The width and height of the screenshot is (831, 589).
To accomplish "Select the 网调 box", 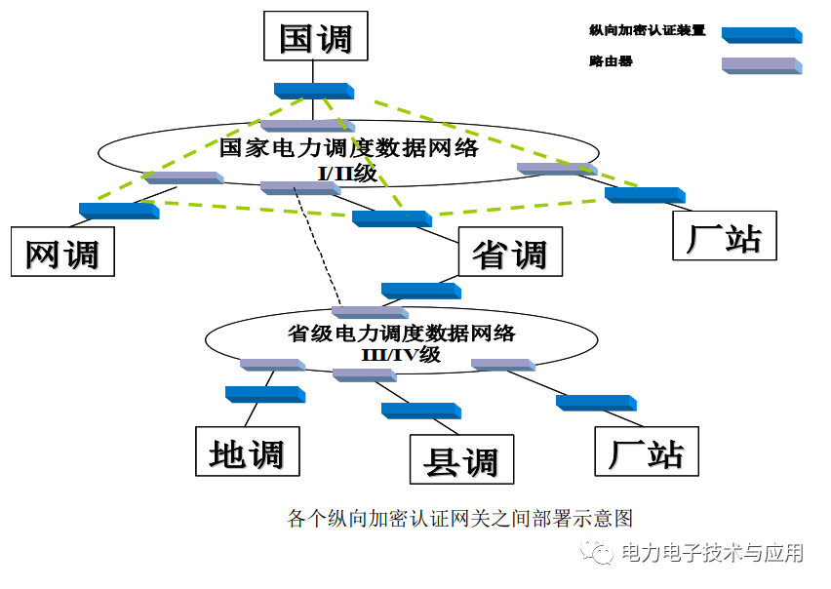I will click(62, 253).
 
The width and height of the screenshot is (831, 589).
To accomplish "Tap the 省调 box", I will click(509, 253).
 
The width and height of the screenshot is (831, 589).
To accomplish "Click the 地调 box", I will click(246, 452).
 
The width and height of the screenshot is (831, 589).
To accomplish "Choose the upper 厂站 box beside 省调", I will click(724, 236).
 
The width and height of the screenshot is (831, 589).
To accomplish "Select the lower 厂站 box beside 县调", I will click(647, 452).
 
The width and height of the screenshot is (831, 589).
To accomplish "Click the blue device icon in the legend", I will click(761, 35).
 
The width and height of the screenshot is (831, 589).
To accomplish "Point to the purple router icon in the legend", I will click(761, 65).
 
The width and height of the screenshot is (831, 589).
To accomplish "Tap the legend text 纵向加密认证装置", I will click(647, 30).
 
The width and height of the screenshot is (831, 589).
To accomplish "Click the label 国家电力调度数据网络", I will click(348, 148).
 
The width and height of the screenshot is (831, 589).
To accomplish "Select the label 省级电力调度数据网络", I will click(401, 334).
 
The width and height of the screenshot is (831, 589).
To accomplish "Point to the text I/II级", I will click(347, 174).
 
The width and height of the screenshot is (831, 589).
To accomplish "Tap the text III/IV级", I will click(401, 355).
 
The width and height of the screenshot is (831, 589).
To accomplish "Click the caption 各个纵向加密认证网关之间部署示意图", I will click(460, 517).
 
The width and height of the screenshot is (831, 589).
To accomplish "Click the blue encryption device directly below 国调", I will click(313, 91).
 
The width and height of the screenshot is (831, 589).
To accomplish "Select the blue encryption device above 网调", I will click(118, 210).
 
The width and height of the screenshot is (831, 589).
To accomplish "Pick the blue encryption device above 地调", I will click(264, 394).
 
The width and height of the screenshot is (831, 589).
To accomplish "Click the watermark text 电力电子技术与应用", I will click(712, 553).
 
